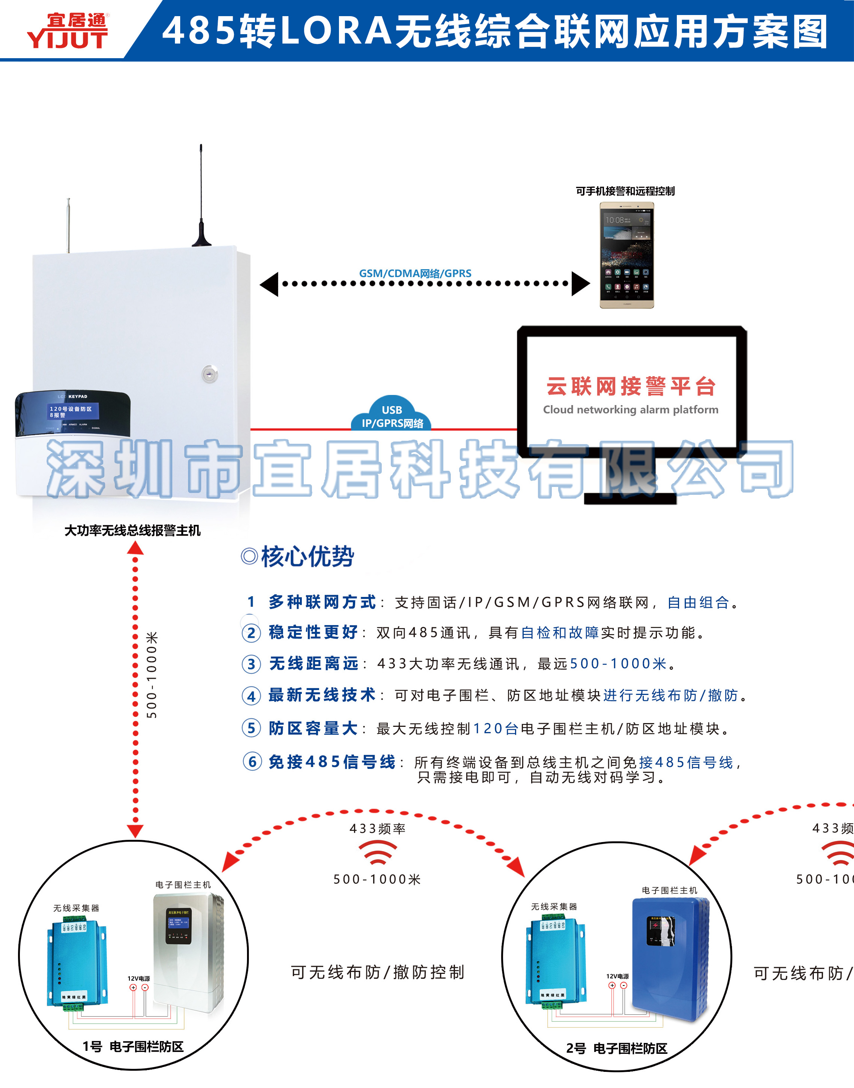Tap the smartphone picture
pyautogui.click(x=627, y=255)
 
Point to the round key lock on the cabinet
pyautogui.click(x=209, y=374)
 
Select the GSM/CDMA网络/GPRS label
pyautogui.click(x=415, y=273)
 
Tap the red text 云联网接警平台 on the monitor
pyautogui.click(x=631, y=386)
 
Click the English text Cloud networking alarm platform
pyautogui.click(x=631, y=410)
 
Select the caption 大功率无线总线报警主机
pyautogui.click(x=133, y=530)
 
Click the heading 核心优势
pyautogui.click(x=307, y=556)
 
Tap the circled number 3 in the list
pyautogui.click(x=251, y=665)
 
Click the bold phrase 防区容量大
pyautogui.click(x=313, y=728)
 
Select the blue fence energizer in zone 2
pyautogui.click(x=670, y=957)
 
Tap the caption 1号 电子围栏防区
pyautogui.click(x=133, y=1046)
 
